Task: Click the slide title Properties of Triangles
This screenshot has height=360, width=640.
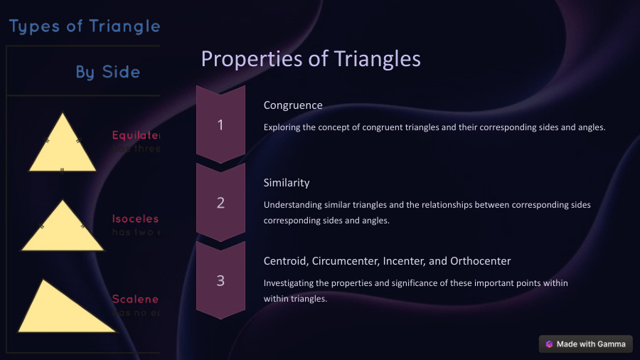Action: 311,59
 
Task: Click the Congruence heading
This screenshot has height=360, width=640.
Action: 293,105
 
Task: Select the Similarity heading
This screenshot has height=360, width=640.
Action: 287,183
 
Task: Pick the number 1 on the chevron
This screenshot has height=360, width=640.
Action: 220,125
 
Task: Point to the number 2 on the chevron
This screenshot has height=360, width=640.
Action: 220,203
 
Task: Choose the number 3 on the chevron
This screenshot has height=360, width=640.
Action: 220,280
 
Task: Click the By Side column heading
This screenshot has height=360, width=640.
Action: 108,72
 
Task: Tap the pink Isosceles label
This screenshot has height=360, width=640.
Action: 136,219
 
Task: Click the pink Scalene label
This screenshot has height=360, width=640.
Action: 136,300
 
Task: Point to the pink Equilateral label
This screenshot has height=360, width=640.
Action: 137,135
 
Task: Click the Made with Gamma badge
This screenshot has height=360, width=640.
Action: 585,344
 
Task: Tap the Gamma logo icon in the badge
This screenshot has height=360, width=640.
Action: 549,344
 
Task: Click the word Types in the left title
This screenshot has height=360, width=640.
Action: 33,27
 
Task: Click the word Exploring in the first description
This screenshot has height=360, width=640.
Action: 283,127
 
